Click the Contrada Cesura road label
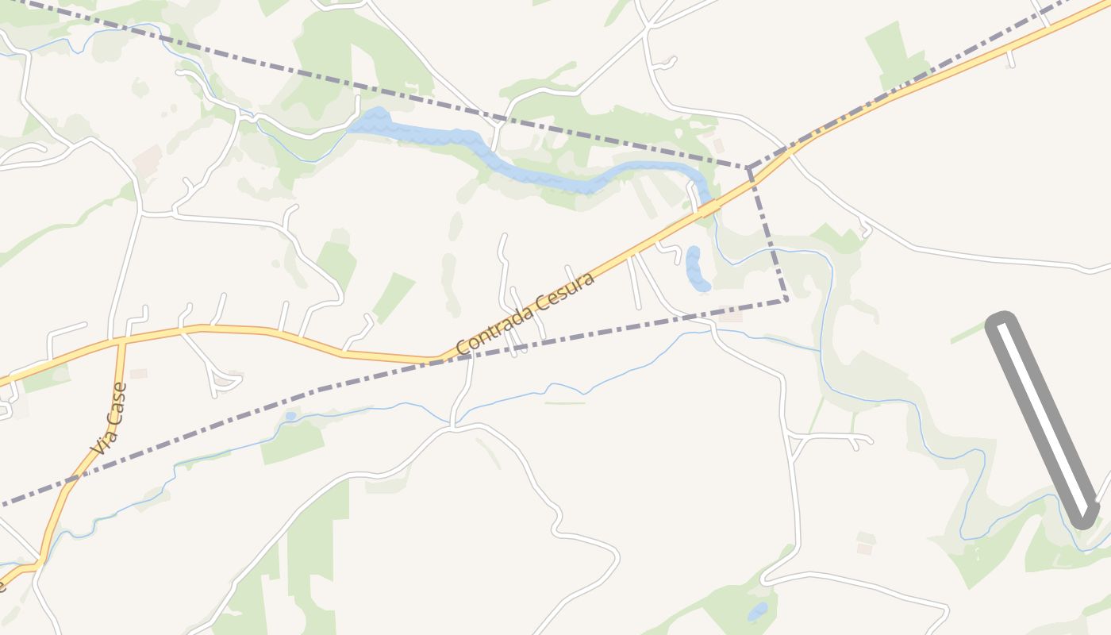click(525, 314)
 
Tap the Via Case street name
click(110, 419)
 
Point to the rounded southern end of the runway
click(1083, 517)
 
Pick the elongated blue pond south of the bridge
click(696, 269)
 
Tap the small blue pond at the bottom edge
click(758, 611)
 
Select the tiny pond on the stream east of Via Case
click(290, 416)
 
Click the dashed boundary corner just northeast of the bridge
click(748, 168)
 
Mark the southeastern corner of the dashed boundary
click(786, 299)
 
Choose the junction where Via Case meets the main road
click(121, 341)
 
